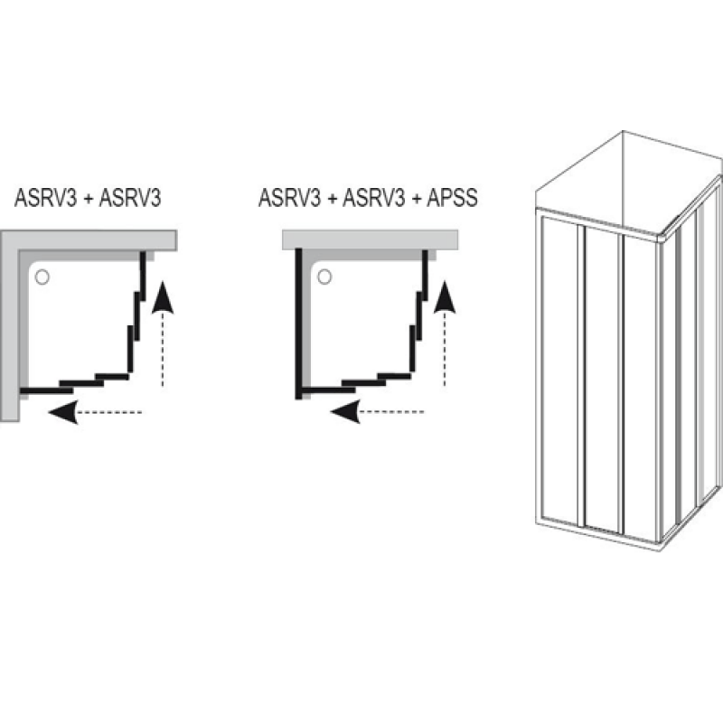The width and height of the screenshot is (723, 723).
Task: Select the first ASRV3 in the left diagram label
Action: (42, 199)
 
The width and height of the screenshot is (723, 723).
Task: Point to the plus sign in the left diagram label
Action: (88, 199)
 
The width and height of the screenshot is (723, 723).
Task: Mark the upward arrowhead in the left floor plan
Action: (163, 296)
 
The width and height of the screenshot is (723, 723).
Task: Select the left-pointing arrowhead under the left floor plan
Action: (61, 413)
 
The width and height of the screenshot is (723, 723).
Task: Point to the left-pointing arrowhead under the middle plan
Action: (343, 413)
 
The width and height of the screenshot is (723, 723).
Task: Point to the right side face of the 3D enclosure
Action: (691, 371)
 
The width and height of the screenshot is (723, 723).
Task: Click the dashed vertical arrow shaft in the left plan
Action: (163, 348)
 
